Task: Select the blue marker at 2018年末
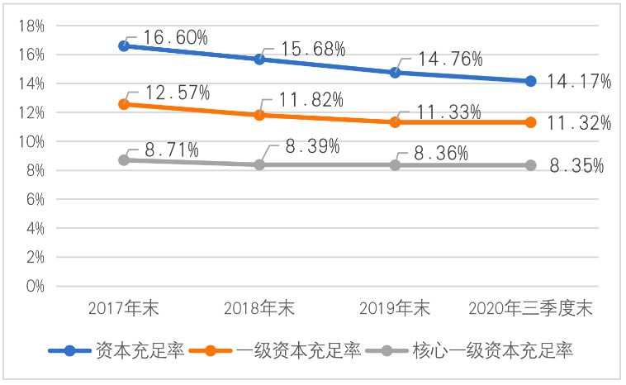coord(259,59)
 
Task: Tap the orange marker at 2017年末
coord(124,104)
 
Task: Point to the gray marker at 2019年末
coord(396,165)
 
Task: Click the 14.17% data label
coord(578,82)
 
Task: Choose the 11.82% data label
coord(311,101)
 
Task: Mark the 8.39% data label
coord(311,147)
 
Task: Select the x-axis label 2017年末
coord(124,310)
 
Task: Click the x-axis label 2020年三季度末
coord(531,310)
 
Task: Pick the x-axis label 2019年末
coord(395,310)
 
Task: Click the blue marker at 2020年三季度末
coord(530,81)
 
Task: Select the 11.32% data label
coord(578,124)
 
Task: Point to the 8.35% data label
coord(578,166)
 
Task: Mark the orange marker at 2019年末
coord(396,122)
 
